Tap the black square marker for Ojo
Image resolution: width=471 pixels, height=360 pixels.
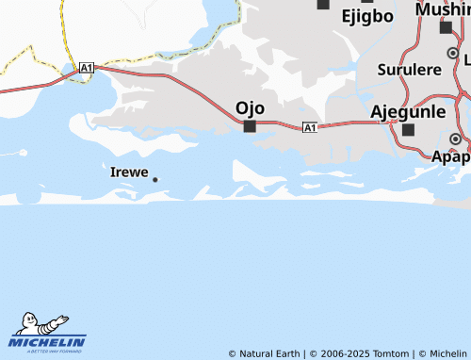click(250, 125)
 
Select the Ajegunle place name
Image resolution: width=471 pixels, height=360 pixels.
click(408, 111)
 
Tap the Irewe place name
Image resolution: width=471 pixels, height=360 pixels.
click(128, 172)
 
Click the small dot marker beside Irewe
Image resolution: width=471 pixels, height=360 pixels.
click(154, 179)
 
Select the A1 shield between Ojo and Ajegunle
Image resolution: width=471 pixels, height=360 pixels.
click(309, 127)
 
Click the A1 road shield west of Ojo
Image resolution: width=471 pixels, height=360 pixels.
click(87, 68)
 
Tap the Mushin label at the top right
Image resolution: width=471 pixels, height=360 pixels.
click(444, 10)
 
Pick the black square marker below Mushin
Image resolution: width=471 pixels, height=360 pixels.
click(446, 27)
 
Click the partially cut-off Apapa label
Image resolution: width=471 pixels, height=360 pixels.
click(451, 157)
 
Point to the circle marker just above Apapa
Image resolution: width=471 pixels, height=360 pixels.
click(455, 139)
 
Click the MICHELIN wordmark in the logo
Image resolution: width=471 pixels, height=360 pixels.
click(48, 341)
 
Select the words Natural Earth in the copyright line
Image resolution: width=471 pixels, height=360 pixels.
click(271, 353)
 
